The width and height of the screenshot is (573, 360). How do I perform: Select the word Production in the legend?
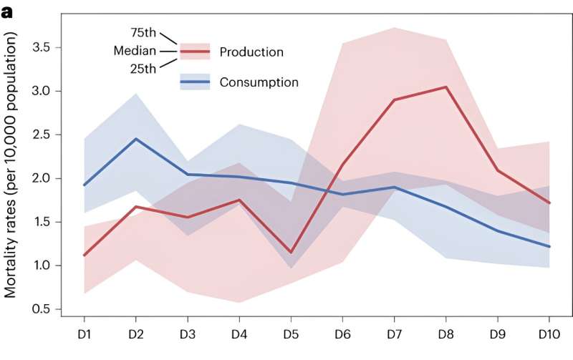point(251,52)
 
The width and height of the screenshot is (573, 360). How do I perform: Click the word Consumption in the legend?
point(259,82)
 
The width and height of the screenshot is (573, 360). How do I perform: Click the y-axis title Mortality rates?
point(16,176)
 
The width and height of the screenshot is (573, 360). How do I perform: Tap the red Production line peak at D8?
point(446,87)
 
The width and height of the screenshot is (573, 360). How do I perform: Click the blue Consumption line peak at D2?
point(136,139)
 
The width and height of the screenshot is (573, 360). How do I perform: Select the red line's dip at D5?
point(289,253)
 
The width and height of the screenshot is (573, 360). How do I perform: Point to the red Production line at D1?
point(85,255)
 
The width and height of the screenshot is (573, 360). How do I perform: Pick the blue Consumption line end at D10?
point(548,246)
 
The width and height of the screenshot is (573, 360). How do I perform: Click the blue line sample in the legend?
point(195,82)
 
